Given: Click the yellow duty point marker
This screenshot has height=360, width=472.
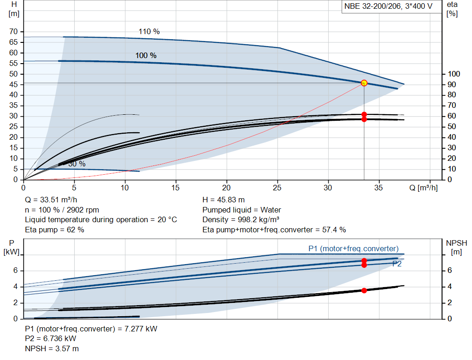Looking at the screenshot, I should [364, 83].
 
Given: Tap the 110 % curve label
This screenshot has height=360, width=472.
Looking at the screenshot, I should [149, 32].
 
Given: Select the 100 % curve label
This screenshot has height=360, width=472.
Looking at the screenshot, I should [146, 56].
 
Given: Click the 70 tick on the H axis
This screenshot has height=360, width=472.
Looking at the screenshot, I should [13, 32].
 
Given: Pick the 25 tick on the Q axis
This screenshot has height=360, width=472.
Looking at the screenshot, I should [277, 188].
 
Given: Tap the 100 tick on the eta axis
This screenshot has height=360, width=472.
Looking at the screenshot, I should [454, 74].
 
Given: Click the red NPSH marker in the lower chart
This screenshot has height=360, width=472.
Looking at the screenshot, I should [364, 290].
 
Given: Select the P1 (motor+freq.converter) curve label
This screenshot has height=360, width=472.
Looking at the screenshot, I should [354, 249].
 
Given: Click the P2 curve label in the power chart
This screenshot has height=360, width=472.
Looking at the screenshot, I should [397, 264].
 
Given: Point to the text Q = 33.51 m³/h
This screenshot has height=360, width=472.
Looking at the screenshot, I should [51, 200].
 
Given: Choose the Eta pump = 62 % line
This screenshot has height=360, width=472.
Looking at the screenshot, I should [54, 230].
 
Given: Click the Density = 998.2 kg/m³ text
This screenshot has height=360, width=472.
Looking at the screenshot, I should [242, 219].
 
